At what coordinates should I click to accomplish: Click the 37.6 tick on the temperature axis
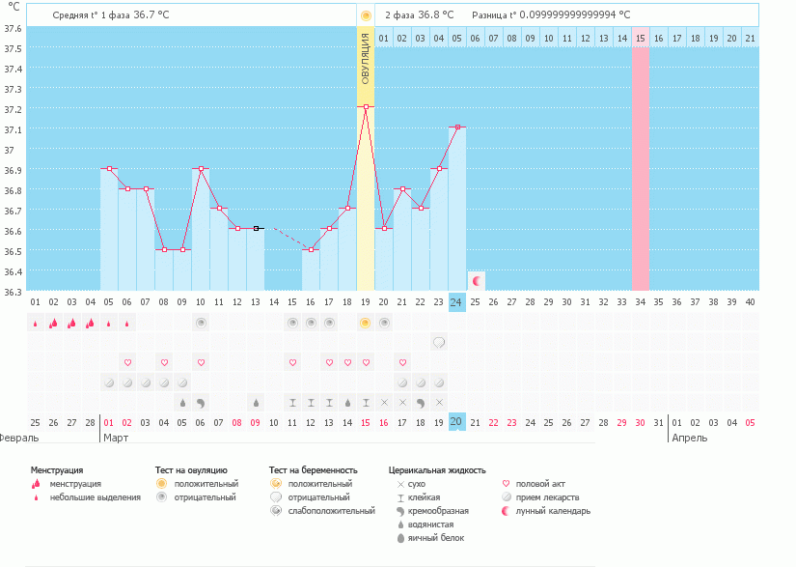click(12, 28)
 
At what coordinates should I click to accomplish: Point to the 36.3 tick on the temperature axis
click(12, 292)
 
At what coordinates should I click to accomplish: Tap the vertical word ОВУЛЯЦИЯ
click(366, 58)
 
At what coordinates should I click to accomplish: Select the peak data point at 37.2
click(366, 106)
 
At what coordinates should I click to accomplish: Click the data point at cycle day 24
click(457, 127)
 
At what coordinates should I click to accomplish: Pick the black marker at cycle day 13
click(256, 228)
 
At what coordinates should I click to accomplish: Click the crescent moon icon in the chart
click(476, 280)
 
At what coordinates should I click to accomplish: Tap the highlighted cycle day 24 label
click(457, 302)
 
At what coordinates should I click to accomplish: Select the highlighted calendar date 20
click(457, 422)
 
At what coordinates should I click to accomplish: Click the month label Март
click(116, 438)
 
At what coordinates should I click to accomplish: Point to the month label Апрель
click(689, 438)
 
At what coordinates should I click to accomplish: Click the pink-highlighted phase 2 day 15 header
click(641, 38)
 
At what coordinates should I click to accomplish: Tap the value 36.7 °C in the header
click(151, 15)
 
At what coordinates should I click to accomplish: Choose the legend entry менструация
click(75, 483)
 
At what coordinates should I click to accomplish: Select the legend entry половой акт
click(541, 483)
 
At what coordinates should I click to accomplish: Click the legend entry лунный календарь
click(553, 510)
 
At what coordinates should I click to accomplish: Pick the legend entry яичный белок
click(436, 537)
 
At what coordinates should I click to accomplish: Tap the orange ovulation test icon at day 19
click(366, 323)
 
